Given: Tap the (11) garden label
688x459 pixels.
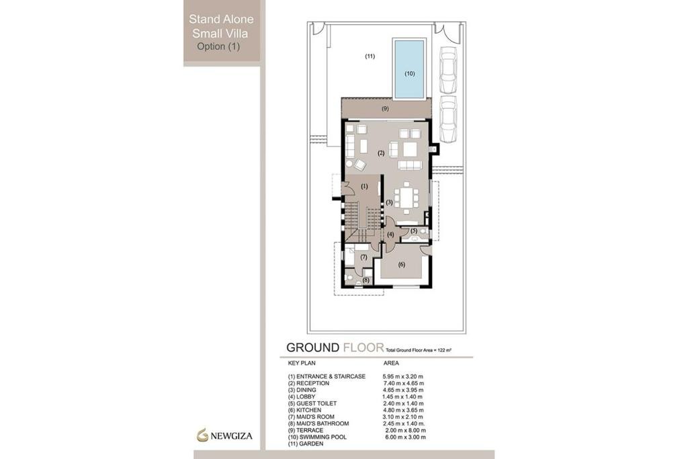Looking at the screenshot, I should pyautogui.click(x=370, y=56).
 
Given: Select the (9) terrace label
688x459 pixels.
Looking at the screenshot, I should pyautogui.click(x=385, y=109).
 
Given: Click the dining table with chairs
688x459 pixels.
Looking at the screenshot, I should pyautogui.click(x=406, y=198).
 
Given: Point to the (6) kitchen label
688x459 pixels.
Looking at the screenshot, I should pyautogui.click(x=402, y=264).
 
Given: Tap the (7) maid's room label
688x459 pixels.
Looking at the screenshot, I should pyautogui.click(x=363, y=257).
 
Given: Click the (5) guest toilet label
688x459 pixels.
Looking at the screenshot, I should pyautogui.click(x=414, y=231).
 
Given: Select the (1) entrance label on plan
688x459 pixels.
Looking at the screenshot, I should pyautogui.click(x=365, y=185).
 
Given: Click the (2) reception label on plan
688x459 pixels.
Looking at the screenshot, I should pyautogui.click(x=381, y=153).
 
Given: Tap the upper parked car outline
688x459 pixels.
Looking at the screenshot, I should pyautogui.click(x=448, y=70).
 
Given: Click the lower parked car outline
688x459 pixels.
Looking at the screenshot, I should pyautogui.click(x=448, y=119).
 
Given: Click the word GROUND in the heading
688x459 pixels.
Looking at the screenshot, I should pyautogui.click(x=312, y=347).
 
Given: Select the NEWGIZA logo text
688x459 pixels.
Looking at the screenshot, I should pyautogui.click(x=233, y=435).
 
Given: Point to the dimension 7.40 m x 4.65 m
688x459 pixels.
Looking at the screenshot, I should pyautogui.click(x=404, y=383).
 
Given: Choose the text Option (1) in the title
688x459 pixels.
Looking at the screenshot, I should pyautogui.click(x=218, y=47).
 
